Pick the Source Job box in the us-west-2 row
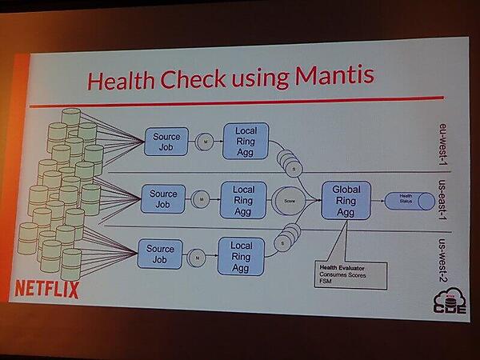[x=160, y=254]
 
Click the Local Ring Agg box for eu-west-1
[x=246, y=138]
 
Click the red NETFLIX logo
[x=47, y=288]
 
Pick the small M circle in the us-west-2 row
[x=195, y=256]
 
